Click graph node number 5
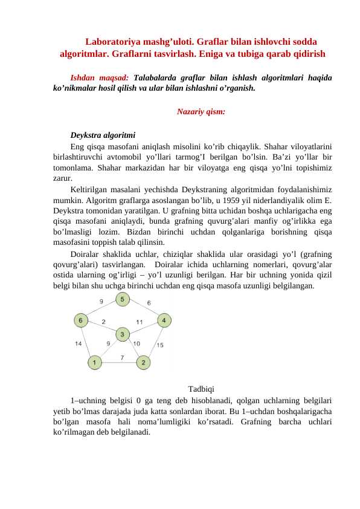coord(123,299)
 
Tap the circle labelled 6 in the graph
coord(80,319)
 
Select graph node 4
coord(164,319)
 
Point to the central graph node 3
coord(122,334)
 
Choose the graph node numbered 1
coord(94,363)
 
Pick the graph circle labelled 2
coord(143,363)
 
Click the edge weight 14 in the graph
coord(79,344)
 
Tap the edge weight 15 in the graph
coord(160,345)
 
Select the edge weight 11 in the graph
coord(140,322)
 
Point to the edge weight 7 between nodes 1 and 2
coord(123,358)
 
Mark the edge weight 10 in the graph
coord(137,344)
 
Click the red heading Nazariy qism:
coord(201,111)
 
